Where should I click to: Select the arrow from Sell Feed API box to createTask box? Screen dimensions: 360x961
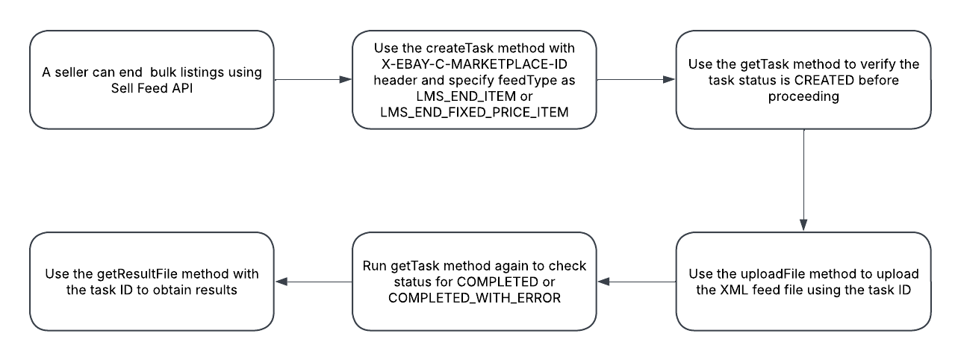pyautogui.click(x=313, y=78)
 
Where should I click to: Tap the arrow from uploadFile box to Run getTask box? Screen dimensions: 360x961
pyautogui.click(x=641, y=282)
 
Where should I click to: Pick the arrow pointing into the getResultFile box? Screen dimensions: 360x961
pyautogui.click(x=314, y=282)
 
